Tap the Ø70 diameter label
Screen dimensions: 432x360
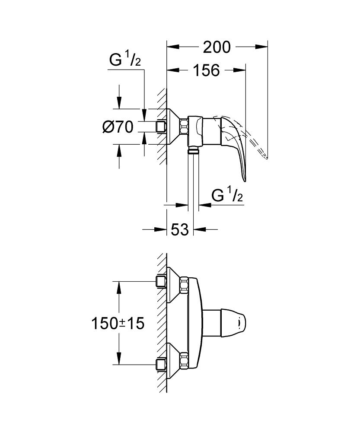tap(117, 127)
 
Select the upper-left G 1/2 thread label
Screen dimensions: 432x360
tap(125, 61)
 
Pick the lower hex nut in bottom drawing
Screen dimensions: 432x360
tap(184, 360)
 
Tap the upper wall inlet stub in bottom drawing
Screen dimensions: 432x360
tap(162, 282)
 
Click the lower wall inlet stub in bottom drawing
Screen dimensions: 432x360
tap(162, 364)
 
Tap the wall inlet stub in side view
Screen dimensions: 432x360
tap(162, 127)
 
